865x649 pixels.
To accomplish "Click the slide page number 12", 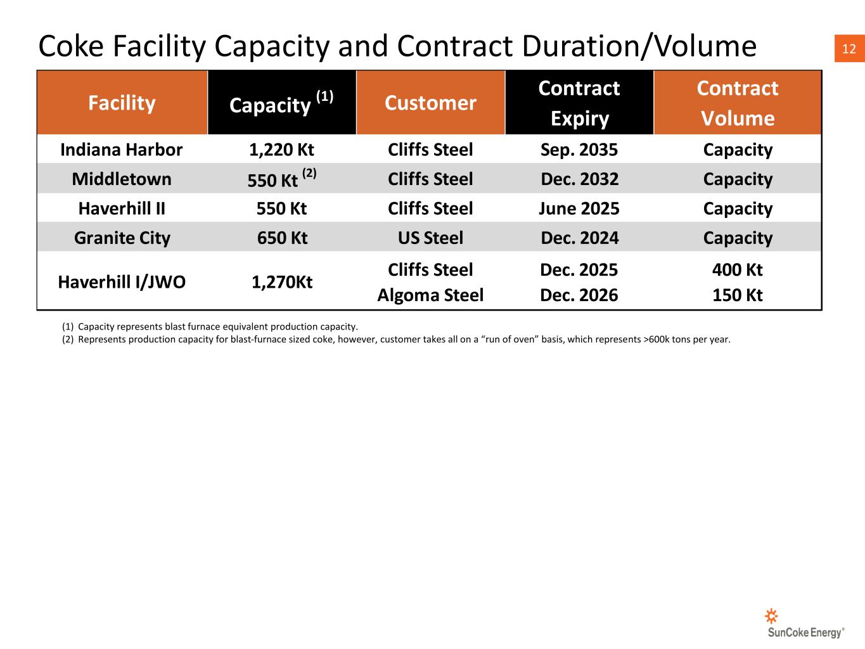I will [x=849, y=49].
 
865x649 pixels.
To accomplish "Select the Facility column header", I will [x=122, y=103].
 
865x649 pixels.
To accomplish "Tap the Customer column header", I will [x=430, y=103].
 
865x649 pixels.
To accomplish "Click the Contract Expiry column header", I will [x=579, y=103].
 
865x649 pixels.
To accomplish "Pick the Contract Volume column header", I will [x=737, y=103].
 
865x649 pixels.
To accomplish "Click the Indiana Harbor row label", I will [x=121, y=150].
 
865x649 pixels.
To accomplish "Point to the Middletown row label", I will [x=122, y=179].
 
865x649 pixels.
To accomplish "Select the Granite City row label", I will [x=122, y=238].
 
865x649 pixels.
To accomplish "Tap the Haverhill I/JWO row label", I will [x=122, y=282].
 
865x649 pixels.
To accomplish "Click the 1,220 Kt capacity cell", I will [x=281, y=150].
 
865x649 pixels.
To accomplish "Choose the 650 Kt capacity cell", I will [x=282, y=238].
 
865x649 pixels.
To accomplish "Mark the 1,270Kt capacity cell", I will [x=282, y=282].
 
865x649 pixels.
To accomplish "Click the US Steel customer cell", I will [x=430, y=238].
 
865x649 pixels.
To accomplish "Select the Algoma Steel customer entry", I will [x=430, y=295].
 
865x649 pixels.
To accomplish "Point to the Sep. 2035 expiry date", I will [x=579, y=150].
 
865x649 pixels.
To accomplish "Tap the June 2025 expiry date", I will [x=579, y=209].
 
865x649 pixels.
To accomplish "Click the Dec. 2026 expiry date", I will [x=579, y=295].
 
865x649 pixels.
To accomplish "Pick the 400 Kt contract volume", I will [x=737, y=270].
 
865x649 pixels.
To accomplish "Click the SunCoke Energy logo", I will [x=805, y=624].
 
